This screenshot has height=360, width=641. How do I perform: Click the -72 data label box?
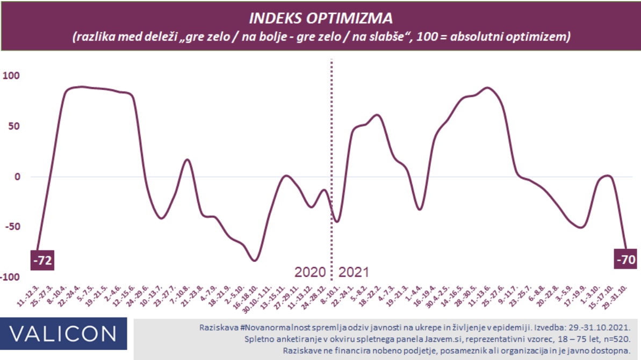pos(42,261)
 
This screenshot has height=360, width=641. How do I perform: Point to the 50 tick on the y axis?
pos(13,126)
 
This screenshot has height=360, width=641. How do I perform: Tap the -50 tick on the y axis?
pos(12,226)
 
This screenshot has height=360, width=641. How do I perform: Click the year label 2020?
pos(310,272)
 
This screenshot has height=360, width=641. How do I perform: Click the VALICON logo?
pos(63,334)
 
